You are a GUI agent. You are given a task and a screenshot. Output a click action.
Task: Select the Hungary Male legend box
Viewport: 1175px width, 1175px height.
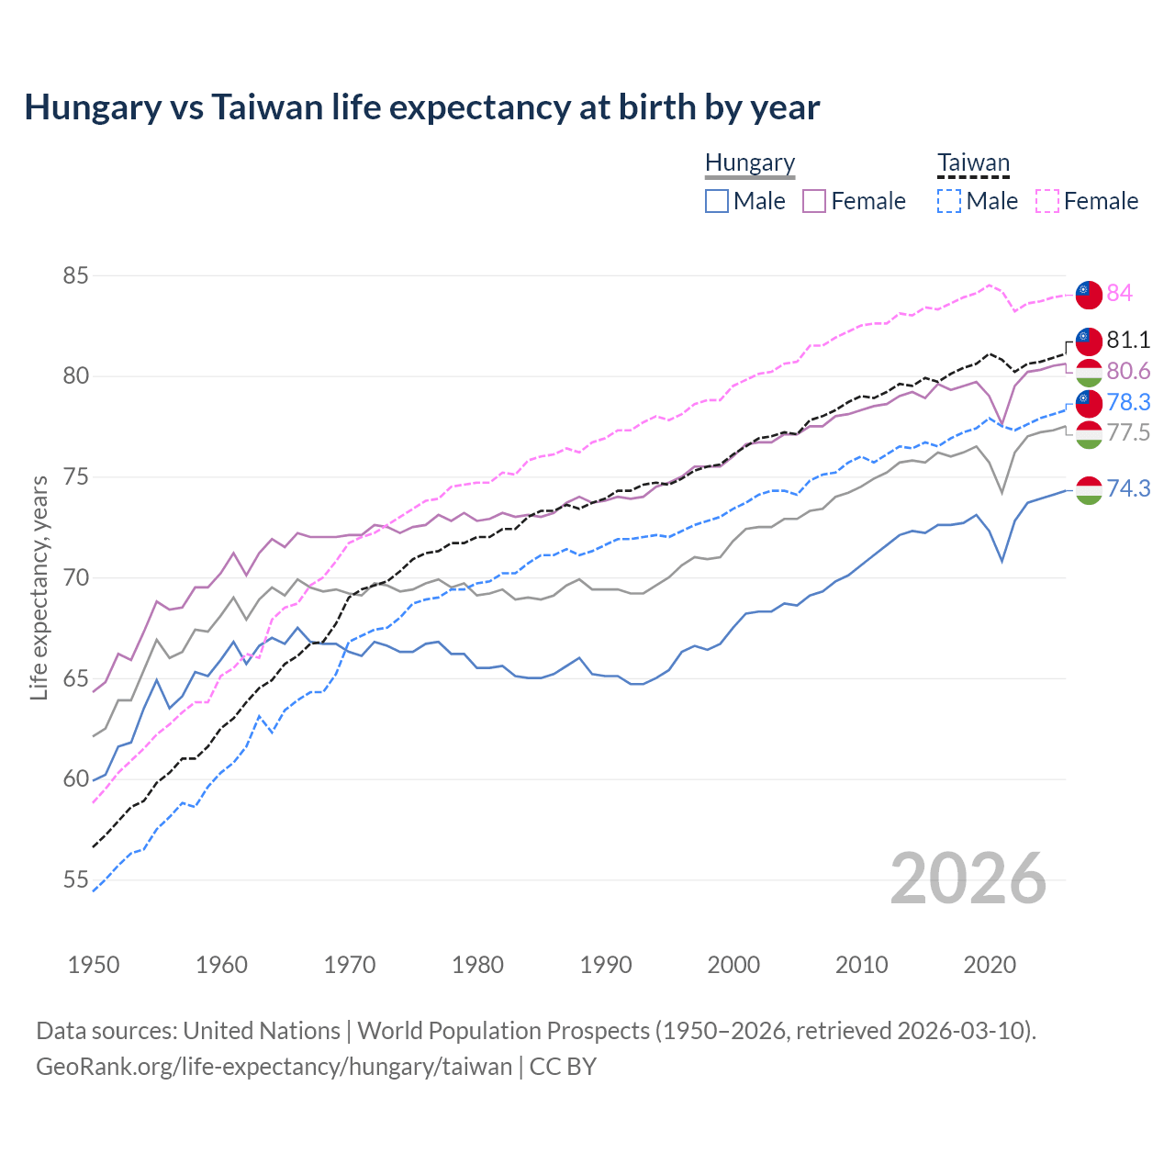(717, 201)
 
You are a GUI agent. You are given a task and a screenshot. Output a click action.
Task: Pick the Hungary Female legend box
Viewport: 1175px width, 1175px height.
(814, 201)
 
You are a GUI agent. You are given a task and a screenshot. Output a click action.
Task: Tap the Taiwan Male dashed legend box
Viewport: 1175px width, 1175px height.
(949, 201)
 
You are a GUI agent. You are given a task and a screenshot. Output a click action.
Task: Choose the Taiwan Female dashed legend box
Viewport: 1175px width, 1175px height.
(1047, 201)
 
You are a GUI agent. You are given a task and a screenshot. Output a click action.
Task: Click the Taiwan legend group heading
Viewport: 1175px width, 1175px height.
(973, 163)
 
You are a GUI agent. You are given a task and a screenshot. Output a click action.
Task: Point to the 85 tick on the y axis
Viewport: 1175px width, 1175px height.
(76, 275)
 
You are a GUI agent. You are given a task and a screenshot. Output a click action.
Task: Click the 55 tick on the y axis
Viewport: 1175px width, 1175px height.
(76, 880)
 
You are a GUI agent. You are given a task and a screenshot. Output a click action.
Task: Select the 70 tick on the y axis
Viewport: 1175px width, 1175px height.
(76, 578)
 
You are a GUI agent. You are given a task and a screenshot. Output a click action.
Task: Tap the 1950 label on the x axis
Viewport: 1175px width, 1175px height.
(94, 965)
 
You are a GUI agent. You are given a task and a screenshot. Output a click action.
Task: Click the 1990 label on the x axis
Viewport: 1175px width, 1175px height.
(606, 965)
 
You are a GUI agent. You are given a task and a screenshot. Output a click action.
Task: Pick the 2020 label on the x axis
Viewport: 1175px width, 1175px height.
(990, 965)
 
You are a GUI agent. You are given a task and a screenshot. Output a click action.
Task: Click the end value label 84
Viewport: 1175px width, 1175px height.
(1119, 293)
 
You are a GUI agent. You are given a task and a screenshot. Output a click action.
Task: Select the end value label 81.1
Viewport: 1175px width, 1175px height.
(1128, 340)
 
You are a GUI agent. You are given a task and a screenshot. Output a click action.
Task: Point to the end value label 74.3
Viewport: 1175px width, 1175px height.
(1128, 488)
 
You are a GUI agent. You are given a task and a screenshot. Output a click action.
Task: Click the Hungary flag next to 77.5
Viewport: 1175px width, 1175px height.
(1089, 434)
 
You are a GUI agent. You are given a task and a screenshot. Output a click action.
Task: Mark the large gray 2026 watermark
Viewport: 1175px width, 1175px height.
(968, 878)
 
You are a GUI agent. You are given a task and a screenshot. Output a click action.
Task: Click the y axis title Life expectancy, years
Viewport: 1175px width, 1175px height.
(39, 587)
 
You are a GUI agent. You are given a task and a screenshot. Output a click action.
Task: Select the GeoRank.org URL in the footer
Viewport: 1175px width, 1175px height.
(274, 1067)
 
